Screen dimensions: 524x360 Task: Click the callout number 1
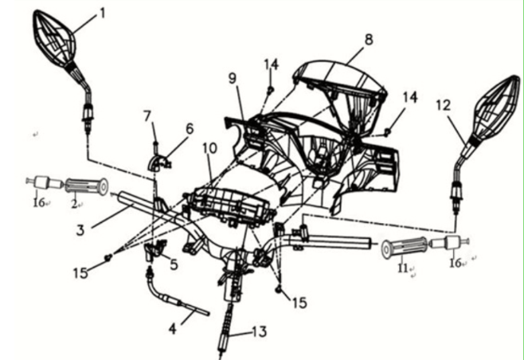point(102,14)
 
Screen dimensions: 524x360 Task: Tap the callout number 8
point(369,40)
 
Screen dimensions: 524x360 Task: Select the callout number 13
point(259,331)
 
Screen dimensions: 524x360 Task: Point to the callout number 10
point(210,148)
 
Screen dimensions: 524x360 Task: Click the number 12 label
point(444,105)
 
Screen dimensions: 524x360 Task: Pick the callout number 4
point(173,329)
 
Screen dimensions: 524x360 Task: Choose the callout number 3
point(80,230)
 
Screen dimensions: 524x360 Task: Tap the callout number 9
point(233,78)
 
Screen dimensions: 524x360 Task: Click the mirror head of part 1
point(54,39)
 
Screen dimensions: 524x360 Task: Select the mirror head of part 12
point(496,108)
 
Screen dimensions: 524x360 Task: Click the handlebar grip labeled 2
point(86,186)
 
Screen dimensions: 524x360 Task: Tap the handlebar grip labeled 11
point(405,248)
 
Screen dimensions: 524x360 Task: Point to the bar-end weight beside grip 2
point(45,182)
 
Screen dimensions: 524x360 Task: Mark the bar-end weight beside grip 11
point(449,242)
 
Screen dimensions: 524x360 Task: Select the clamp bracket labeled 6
point(159,162)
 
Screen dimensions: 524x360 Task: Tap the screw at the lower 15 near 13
point(279,289)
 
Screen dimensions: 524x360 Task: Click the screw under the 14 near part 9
point(270,89)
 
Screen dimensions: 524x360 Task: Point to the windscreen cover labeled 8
point(340,92)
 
